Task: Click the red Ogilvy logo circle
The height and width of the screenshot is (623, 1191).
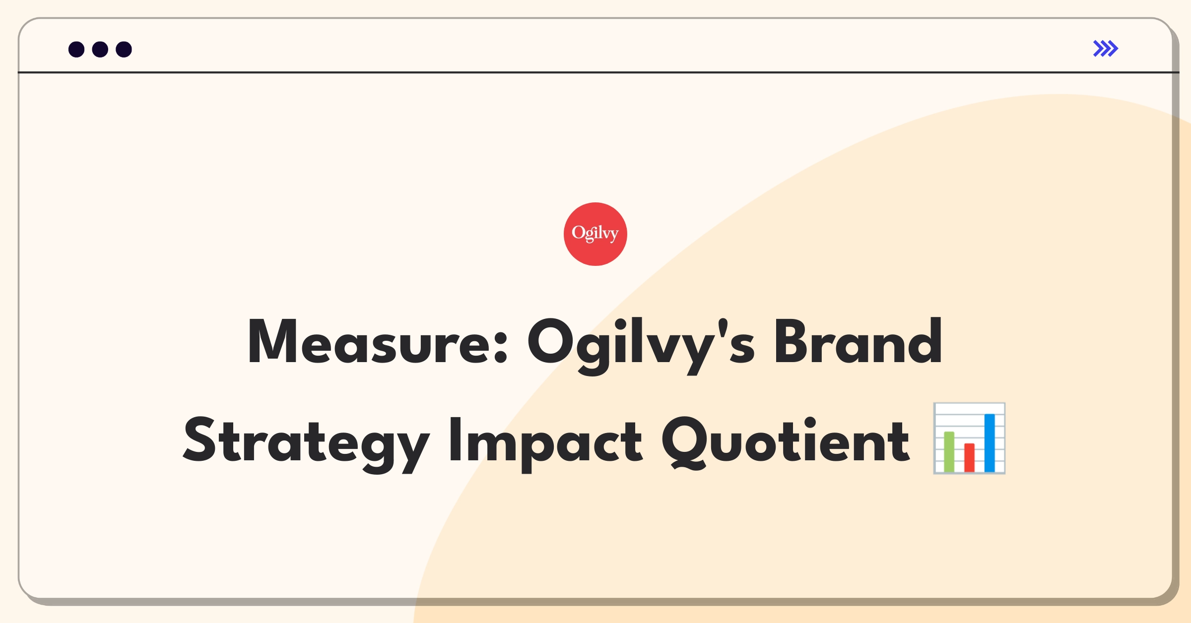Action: click(x=595, y=234)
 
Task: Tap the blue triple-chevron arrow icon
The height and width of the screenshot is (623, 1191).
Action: click(x=1106, y=49)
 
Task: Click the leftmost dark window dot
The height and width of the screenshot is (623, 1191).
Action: click(x=76, y=49)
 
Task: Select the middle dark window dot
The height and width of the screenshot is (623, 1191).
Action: click(x=100, y=49)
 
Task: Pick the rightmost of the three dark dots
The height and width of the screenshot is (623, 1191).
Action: click(x=124, y=49)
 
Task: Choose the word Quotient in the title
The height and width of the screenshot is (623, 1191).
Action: click(x=786, y=442)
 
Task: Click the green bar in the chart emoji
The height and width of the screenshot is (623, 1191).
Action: click(x=949, y=452)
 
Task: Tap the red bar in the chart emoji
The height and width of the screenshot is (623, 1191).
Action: click(x=969, y=458)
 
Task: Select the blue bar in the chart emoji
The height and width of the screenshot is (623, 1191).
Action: click(x=990, y=443)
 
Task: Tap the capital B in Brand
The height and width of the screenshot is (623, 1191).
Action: click(x=793, y=341)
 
